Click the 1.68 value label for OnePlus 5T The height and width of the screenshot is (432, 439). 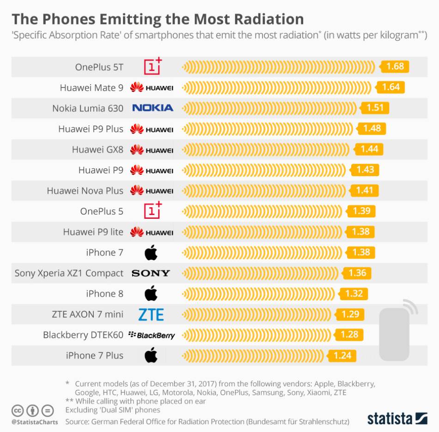tap(395, 67)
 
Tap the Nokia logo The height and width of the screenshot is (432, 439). tap(152, 108)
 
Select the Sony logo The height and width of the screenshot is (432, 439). tap(151, 273)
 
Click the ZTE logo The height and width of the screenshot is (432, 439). tap(151, 315)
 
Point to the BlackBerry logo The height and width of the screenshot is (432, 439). tap(152, 335)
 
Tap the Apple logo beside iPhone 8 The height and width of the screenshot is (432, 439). tap(151, 294)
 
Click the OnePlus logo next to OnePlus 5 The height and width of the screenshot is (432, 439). tap(152, 211)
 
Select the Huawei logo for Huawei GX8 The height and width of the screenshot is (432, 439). tap(152, 149)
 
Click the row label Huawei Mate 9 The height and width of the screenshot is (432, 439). tap(91, 87)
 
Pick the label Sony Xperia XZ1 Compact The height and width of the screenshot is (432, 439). tap(69, 273)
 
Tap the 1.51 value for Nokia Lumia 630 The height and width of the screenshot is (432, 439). tap(375, 108)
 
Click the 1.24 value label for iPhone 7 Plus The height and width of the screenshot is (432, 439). tap(342, 356)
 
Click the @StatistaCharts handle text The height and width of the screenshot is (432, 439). tap(35, 422)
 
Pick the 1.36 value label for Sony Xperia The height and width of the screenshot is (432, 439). tap(357, 273)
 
